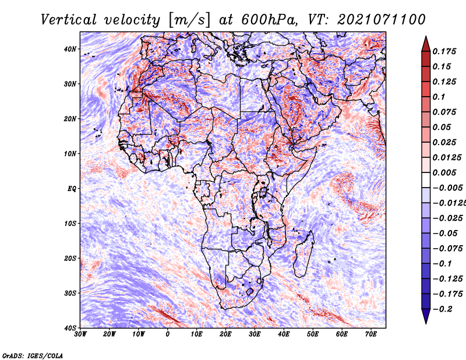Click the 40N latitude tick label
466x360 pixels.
point(70,49)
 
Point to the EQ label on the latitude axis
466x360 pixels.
point(72,189)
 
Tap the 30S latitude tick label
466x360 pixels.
point(70,294)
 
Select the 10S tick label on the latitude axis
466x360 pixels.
point(70,224)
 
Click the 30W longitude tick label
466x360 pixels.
point(80,334)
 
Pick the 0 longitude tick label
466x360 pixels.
point(168,334)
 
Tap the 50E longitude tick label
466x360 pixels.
point(313,334)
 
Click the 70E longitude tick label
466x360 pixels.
point(370,334)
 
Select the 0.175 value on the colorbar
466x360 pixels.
point(444,51)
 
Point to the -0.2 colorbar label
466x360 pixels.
point(443,309)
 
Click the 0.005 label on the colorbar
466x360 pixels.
point(444,172)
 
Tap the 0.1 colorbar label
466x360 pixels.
point(439,97)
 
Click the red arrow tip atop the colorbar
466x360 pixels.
point(426,37)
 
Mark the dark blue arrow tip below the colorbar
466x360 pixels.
point(426,323)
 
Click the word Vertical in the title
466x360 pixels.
point(69,20)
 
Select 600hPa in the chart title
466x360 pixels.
point(269,20)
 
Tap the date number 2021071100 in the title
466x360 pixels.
point(382,20)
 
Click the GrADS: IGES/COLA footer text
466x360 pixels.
point(33,356)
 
